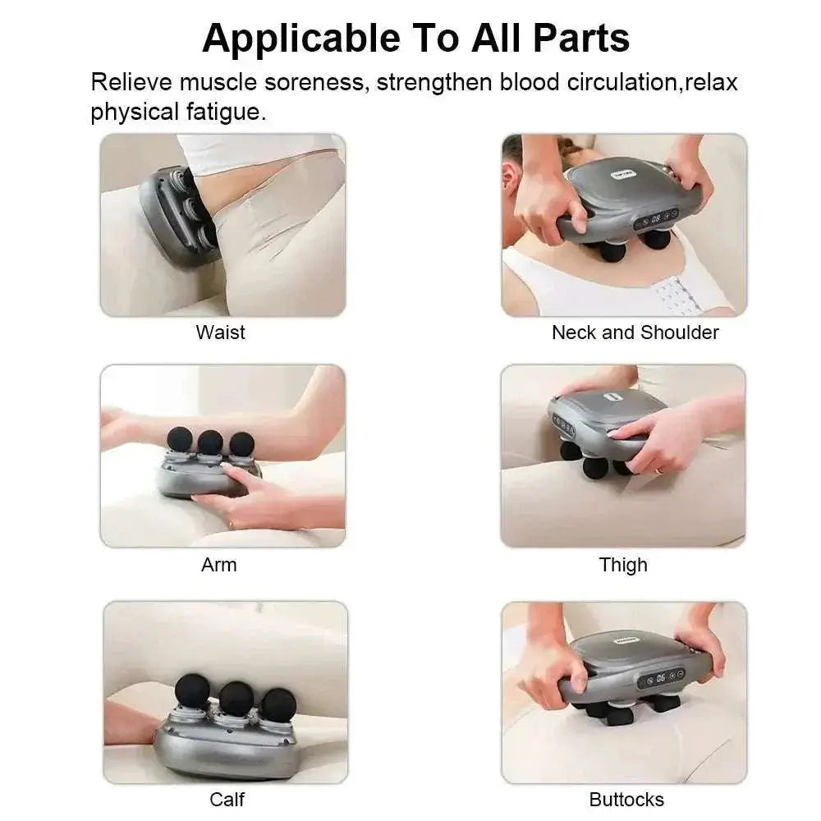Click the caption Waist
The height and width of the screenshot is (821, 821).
click(220, 333)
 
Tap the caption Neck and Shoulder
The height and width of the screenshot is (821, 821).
click(635, 333)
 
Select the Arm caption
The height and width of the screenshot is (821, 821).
click(218, 565)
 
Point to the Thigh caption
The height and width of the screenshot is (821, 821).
click(623, 565)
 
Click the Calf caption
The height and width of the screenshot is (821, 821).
click(227, 799)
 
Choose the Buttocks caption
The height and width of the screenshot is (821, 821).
click(626, 799)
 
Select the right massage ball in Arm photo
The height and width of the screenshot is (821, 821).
click(241, 443)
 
